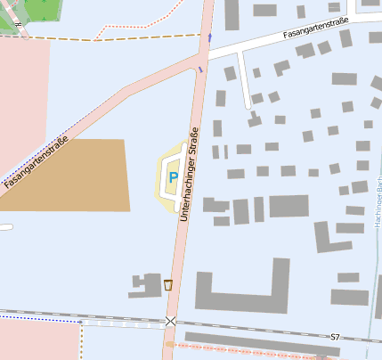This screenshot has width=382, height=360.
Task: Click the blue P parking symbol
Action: click(172, 178)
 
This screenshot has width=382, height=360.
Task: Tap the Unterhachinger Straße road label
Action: click(190, 175)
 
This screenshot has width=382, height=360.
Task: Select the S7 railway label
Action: click(335, 337)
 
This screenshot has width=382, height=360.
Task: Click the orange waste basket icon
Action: click(167, 285)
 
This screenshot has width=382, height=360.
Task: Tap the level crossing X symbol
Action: click(170, 321)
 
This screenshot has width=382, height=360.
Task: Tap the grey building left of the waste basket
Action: click(142, 286)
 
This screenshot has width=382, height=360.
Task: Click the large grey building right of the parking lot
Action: click(289, 207)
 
